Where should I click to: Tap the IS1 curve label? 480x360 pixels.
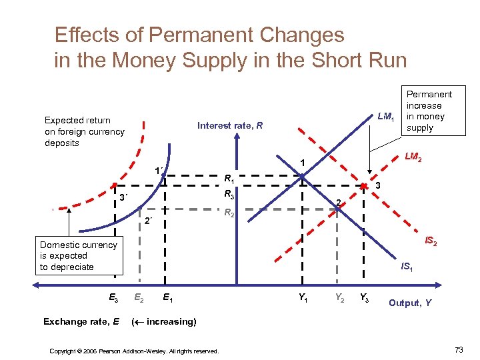click(405, 267)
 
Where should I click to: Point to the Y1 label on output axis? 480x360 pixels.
click(303, 298)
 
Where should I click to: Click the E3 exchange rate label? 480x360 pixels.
click(114, 298)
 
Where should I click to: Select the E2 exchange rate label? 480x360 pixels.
click(139, 298)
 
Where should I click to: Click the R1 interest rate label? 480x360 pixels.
click(228, 178)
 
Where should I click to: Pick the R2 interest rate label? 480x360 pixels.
click(228, 213)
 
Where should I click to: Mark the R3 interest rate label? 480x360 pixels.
click(228, 195)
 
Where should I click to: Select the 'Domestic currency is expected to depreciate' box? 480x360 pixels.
click(78, 256)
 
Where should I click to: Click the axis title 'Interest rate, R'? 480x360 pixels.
click(230, 125)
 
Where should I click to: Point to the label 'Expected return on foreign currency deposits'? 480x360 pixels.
click(84, 131)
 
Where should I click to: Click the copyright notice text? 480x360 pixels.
click(135, 351)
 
